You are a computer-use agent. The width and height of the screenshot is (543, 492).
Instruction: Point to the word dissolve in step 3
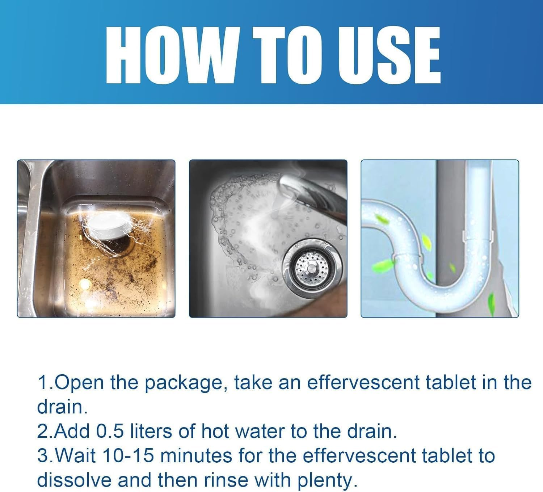[74, 480]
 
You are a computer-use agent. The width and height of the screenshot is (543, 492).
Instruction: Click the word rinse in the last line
[226, 480]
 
